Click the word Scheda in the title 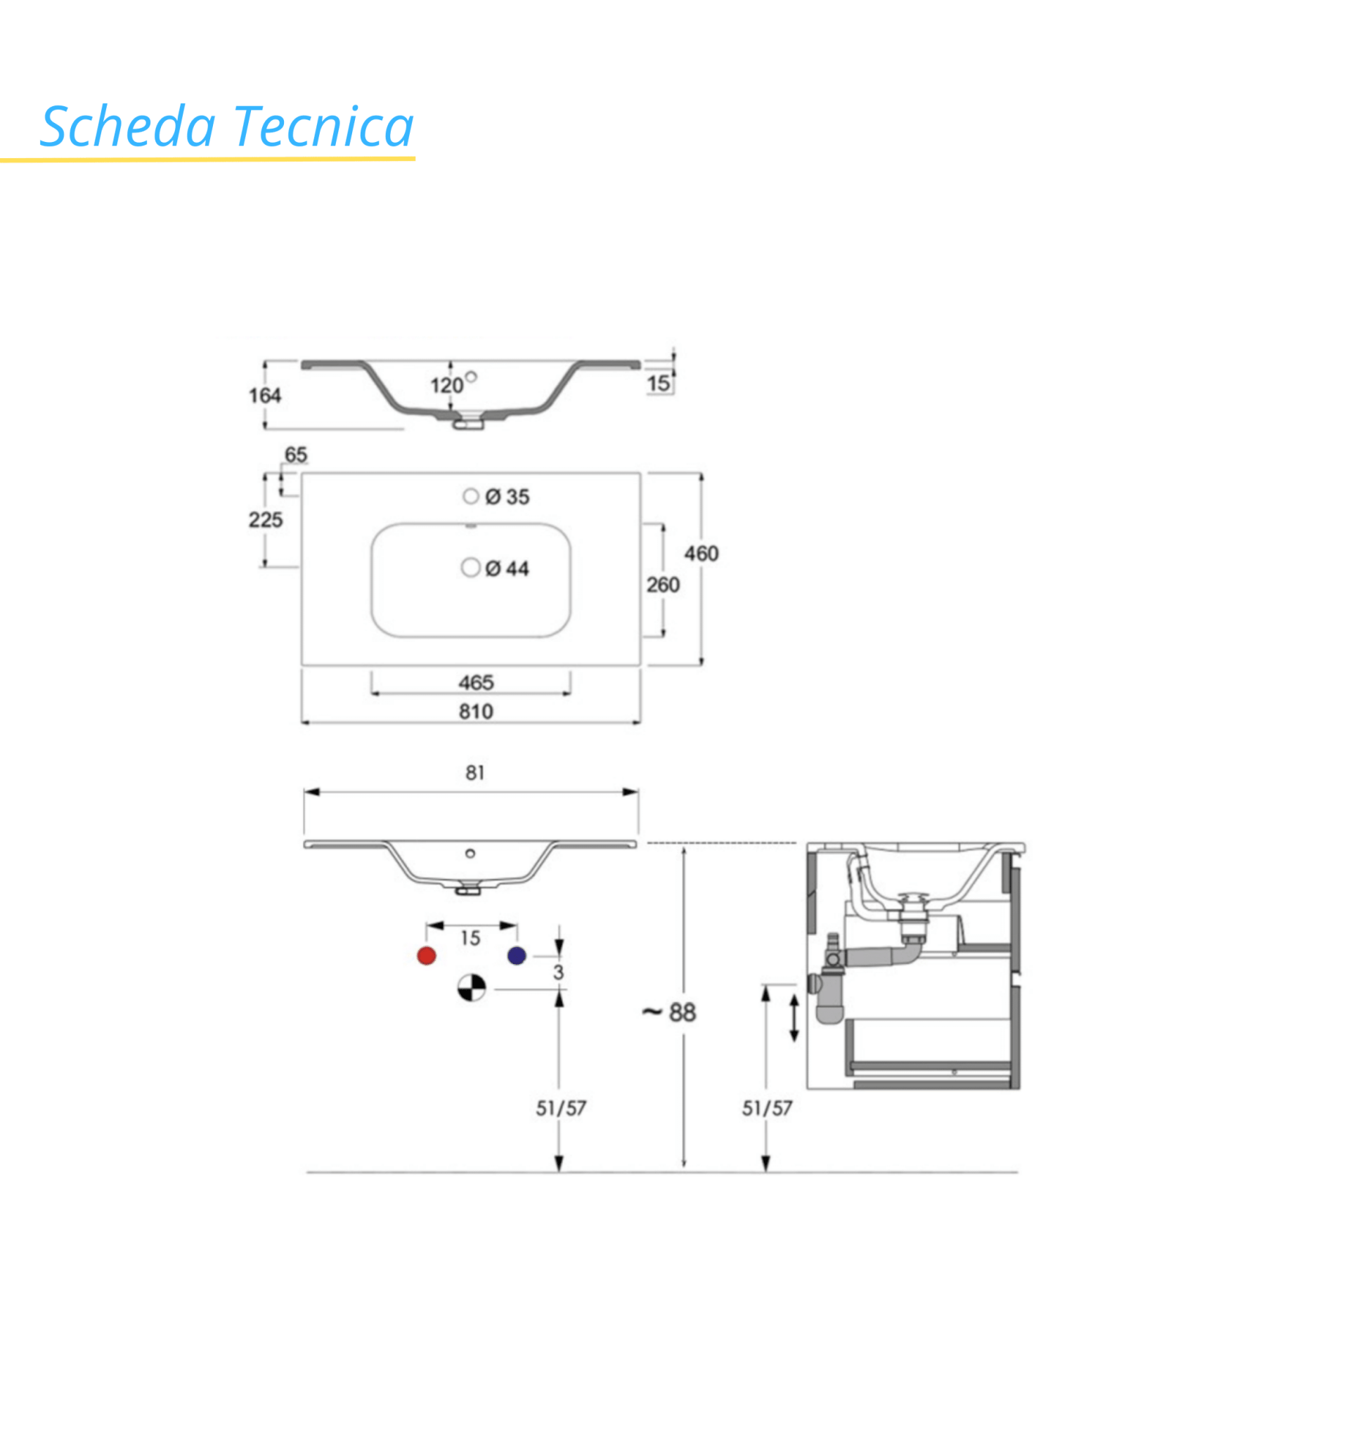pyautogui.click(x=128, y=126)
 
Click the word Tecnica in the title pyautogui.click(x=323, y=126)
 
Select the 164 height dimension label pyautogui.click(x=265, y=395)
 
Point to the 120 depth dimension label pyautogui.click(x=447, y=385)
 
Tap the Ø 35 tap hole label pyautogui.click(x=507, y=497)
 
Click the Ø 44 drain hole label pyautogui.click(x=507, y=568)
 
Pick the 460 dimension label pyautogui.click(x=701, y=554)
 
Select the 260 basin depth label pyautogui.click(x=663, y=585)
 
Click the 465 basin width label pyautogui.click(x=476, y=682)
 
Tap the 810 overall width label pyautogui.click(x=476, y=712)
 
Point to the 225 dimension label pyautogui.click(x=265, y=520)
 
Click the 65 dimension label pyautogui.click(x=295, y=455)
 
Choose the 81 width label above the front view pyautogui.click(x=475, y=773)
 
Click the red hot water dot pyautogui.click(x=427, y=956)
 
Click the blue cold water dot pyautogui.click(x=516, y=956)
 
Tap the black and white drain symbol pyautogui.click(x=472, y=987)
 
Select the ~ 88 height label pyautogui.click(x=668, y=1012)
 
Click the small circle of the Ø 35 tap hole pyautogui.click(x=471, y=496)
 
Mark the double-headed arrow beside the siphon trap pyautogui.click(x=794, y=1017)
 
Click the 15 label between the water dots pyautogui.click(x=470, y=938)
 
